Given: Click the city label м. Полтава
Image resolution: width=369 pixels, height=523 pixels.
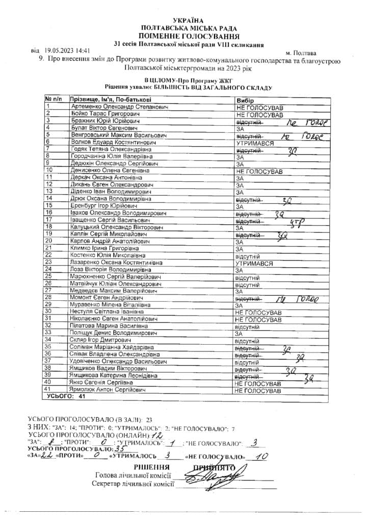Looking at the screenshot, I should pyautogui.click(x=301, y=53).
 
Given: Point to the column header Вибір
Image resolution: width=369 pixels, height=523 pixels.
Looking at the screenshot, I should pyautogui.click(x=245, y=101).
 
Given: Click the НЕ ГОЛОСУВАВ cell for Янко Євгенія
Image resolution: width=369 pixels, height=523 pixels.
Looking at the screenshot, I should pyautogui.click(x=258, y=383).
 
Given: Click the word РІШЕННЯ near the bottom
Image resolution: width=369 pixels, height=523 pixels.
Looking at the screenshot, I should pyautogui.click(x=151, y=467).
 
